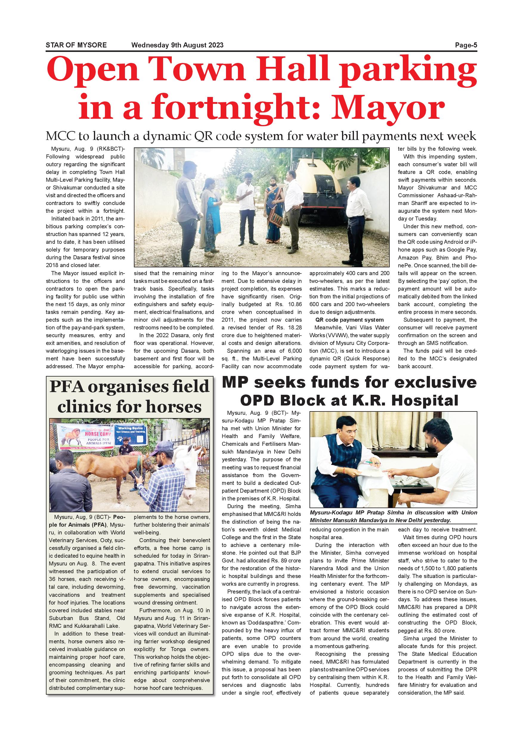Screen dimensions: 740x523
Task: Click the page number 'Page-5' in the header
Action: pyautogui.click(x=466, y=45)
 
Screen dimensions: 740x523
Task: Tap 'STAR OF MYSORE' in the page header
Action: pyautogui.click(x=76, y=45)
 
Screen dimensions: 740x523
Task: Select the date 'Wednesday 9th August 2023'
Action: pyautogui.click(x=177, y=45)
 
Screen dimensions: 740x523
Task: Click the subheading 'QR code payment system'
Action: pyautogui.click(x=349, y=320)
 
